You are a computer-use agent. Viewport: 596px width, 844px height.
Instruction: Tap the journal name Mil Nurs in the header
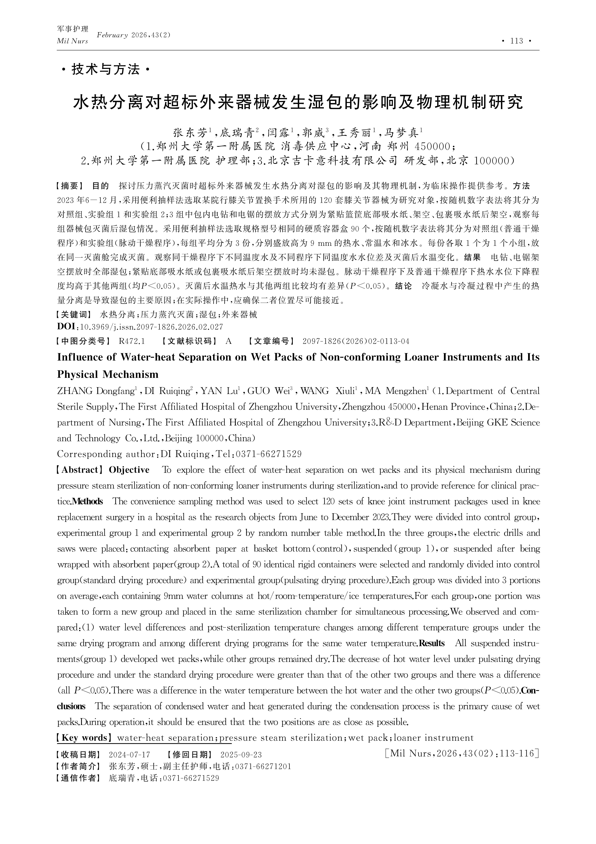click(72, 41)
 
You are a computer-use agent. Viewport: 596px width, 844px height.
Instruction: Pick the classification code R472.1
click(132, 341)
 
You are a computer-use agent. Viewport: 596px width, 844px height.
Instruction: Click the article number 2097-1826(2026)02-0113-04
click(356, 341)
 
